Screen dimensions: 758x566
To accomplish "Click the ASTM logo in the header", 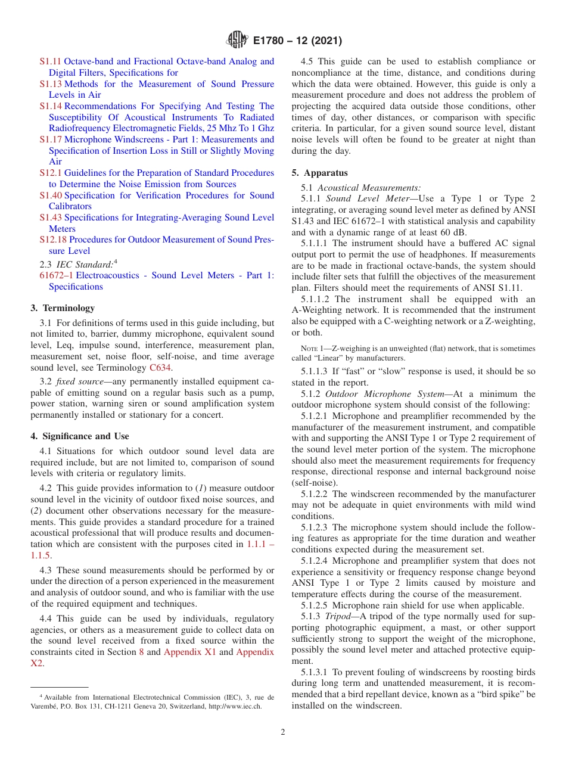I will pos(237,41).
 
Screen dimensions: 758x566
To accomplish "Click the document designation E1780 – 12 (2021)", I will pos(296,41).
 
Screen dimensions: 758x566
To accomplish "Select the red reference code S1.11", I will pos(51,61).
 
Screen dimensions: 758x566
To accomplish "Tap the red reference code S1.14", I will pos(51,106).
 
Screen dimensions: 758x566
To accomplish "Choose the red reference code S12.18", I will pos(53,240).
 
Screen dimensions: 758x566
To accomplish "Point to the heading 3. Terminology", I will pos(62,308).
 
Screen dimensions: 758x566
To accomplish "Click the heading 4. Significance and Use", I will pos(79,436).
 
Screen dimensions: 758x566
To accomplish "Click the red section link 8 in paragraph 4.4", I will pos(141,652).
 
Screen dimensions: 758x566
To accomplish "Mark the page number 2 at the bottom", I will pos(283,732).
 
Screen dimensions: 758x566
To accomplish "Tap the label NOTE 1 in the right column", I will pos(310,349).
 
